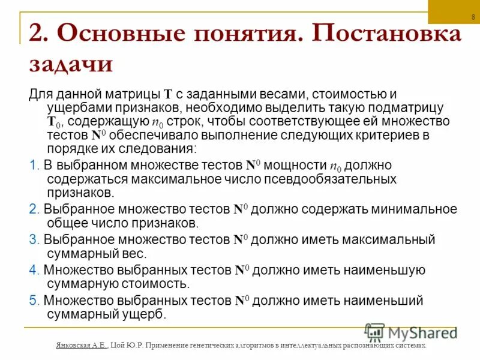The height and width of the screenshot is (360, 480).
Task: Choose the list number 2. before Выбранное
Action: tap(34, 210)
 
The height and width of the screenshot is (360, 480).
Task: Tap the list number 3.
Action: tap(34, 239)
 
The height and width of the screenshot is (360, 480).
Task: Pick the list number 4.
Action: tap(34, 270)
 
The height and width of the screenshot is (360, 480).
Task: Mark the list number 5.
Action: tap(34, 300)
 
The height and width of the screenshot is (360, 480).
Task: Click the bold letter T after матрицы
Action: tap(169, 95)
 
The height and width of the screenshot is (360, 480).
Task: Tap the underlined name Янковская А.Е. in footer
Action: tap(80, 346)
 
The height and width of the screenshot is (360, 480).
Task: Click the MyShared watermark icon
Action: tap(375, 332)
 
